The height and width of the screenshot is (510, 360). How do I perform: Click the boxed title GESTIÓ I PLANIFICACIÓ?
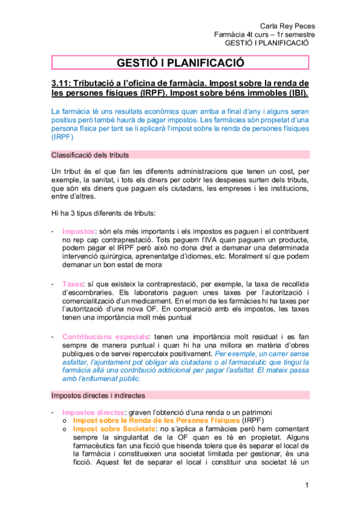[180, 63]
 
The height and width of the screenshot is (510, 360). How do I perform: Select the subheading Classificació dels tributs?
[90, 155]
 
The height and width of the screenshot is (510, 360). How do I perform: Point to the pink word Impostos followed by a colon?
[78, 231]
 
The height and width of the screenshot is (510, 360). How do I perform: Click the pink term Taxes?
[73, 283]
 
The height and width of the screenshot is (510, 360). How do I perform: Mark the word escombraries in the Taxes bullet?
[81, 292]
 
